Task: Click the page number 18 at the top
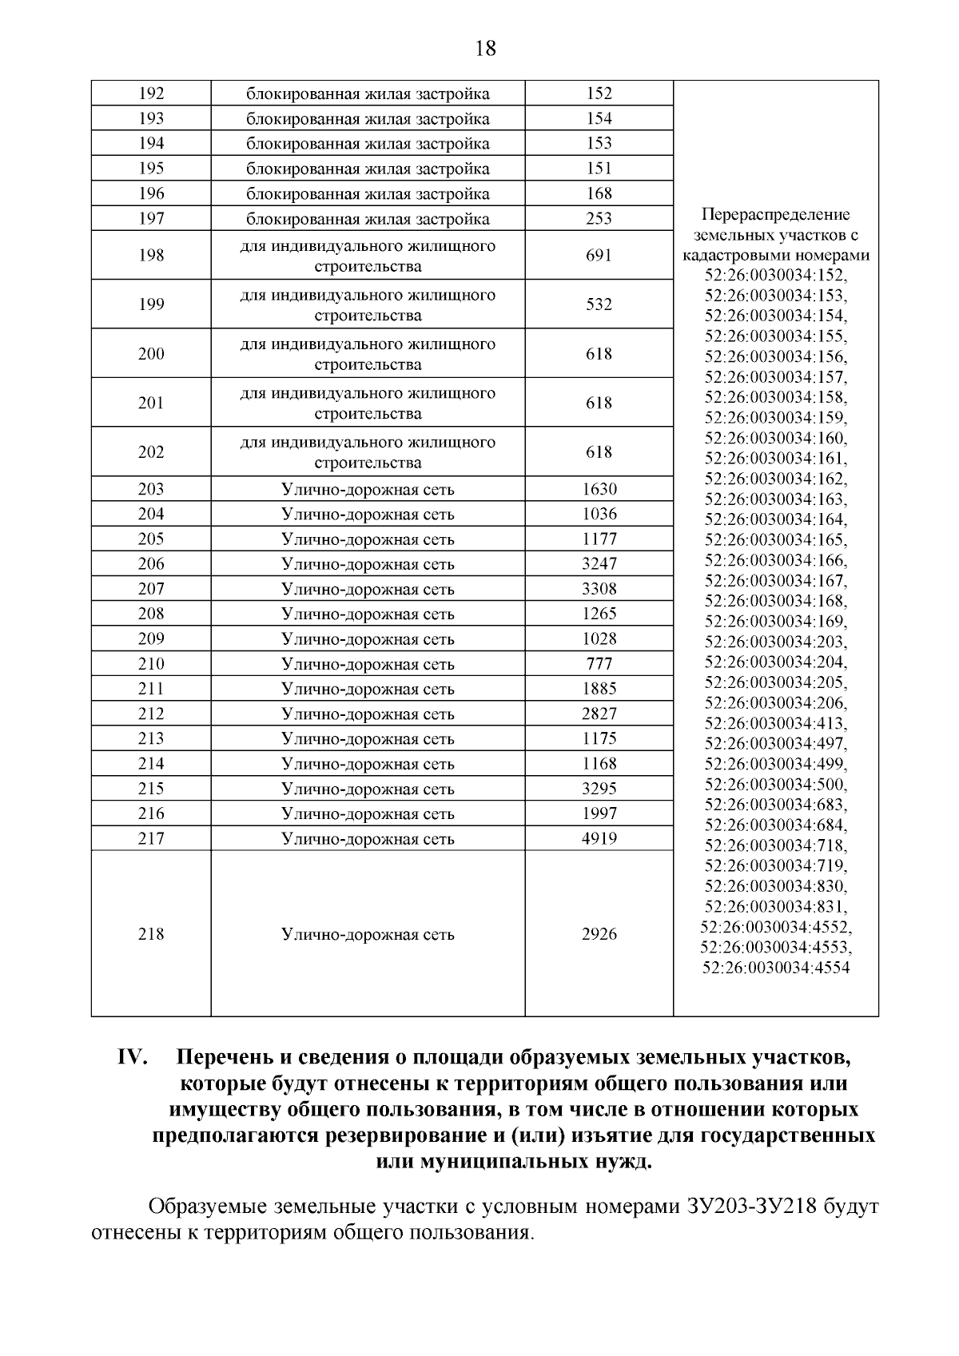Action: tap(485, 50)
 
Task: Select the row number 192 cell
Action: tap(151, 93)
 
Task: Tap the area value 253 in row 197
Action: tap(599, 219)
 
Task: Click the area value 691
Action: tap(599, 256)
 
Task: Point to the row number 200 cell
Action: tap(151, 354)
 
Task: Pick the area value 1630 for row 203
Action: tap(599, 489)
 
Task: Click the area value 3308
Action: tap(599, 589)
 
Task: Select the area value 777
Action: tap(599, 664)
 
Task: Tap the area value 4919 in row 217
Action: tap(599, 839)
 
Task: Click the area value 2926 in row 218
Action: tap(599, 934)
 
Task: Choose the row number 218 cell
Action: tap(151, 934)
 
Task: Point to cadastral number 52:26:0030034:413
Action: tap(776, 723)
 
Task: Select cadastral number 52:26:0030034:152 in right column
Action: tap(776, 276)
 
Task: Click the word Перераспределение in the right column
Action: tap(776, 215)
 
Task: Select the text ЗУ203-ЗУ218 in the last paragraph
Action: tap(750, 1207)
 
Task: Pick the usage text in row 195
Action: tap(368, 169)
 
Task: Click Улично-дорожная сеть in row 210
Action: tap(368, 664)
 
